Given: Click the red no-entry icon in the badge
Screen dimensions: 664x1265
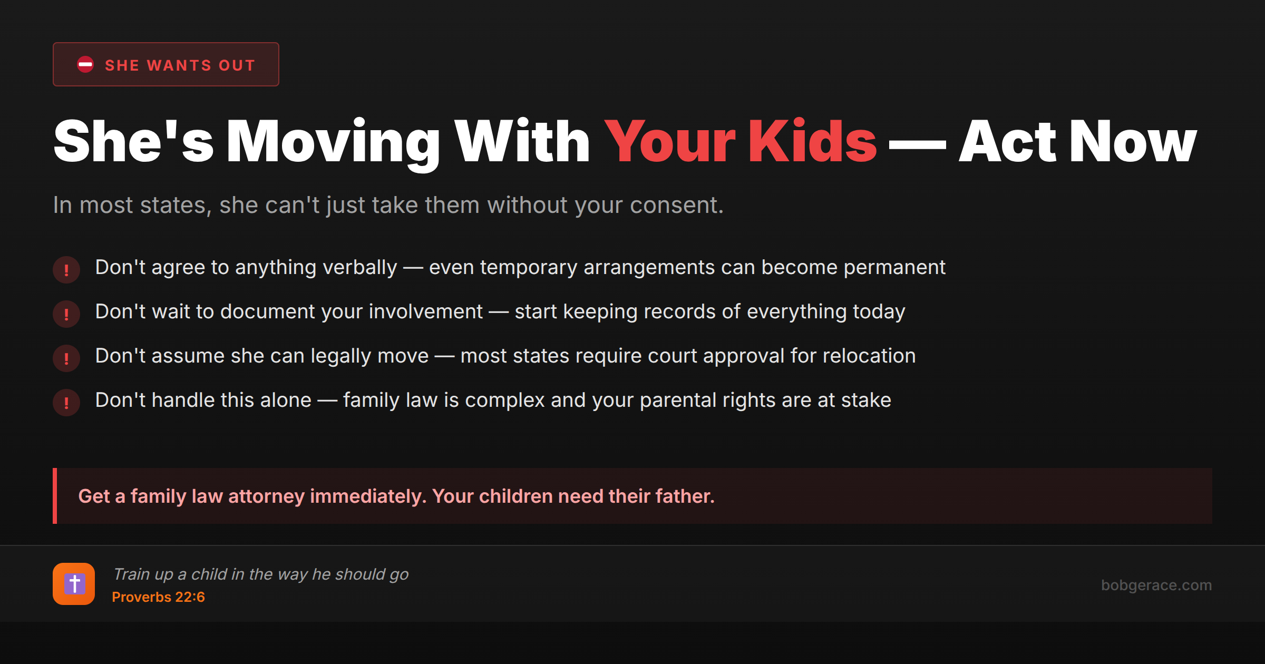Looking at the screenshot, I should click(85, 64).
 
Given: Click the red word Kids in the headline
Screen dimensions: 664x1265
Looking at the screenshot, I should click(812, 141).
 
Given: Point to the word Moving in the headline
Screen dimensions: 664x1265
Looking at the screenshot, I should click(333, 141).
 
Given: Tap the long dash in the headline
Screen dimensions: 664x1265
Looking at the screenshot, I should click(918, 143).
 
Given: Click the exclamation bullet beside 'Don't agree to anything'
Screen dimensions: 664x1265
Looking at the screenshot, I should click(66, 270).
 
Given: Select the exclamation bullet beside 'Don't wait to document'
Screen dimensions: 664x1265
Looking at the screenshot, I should click(66, 314).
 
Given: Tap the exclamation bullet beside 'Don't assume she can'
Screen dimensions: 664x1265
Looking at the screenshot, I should click(66, 358).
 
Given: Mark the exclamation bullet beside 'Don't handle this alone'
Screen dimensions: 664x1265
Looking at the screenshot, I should click(66, 403).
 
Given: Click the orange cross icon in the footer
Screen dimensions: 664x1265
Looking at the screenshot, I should click(74, 584).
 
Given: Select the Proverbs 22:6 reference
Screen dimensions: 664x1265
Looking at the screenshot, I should click(158, 597).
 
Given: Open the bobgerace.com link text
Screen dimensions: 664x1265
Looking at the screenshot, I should click(1156, 585).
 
